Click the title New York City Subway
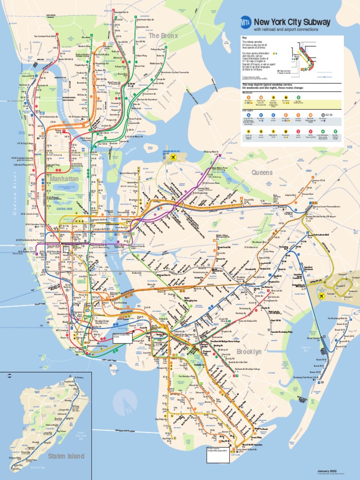[x=292, y=22]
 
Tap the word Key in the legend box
[x=244, y=38]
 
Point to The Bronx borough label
[x=161, y=36]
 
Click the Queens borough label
[x=262, y=172]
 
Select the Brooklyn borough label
[x=248, y=352]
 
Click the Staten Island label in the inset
[x=66, y=456]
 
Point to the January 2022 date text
[x=327, y=471]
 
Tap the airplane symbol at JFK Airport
[x=322, y=296]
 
